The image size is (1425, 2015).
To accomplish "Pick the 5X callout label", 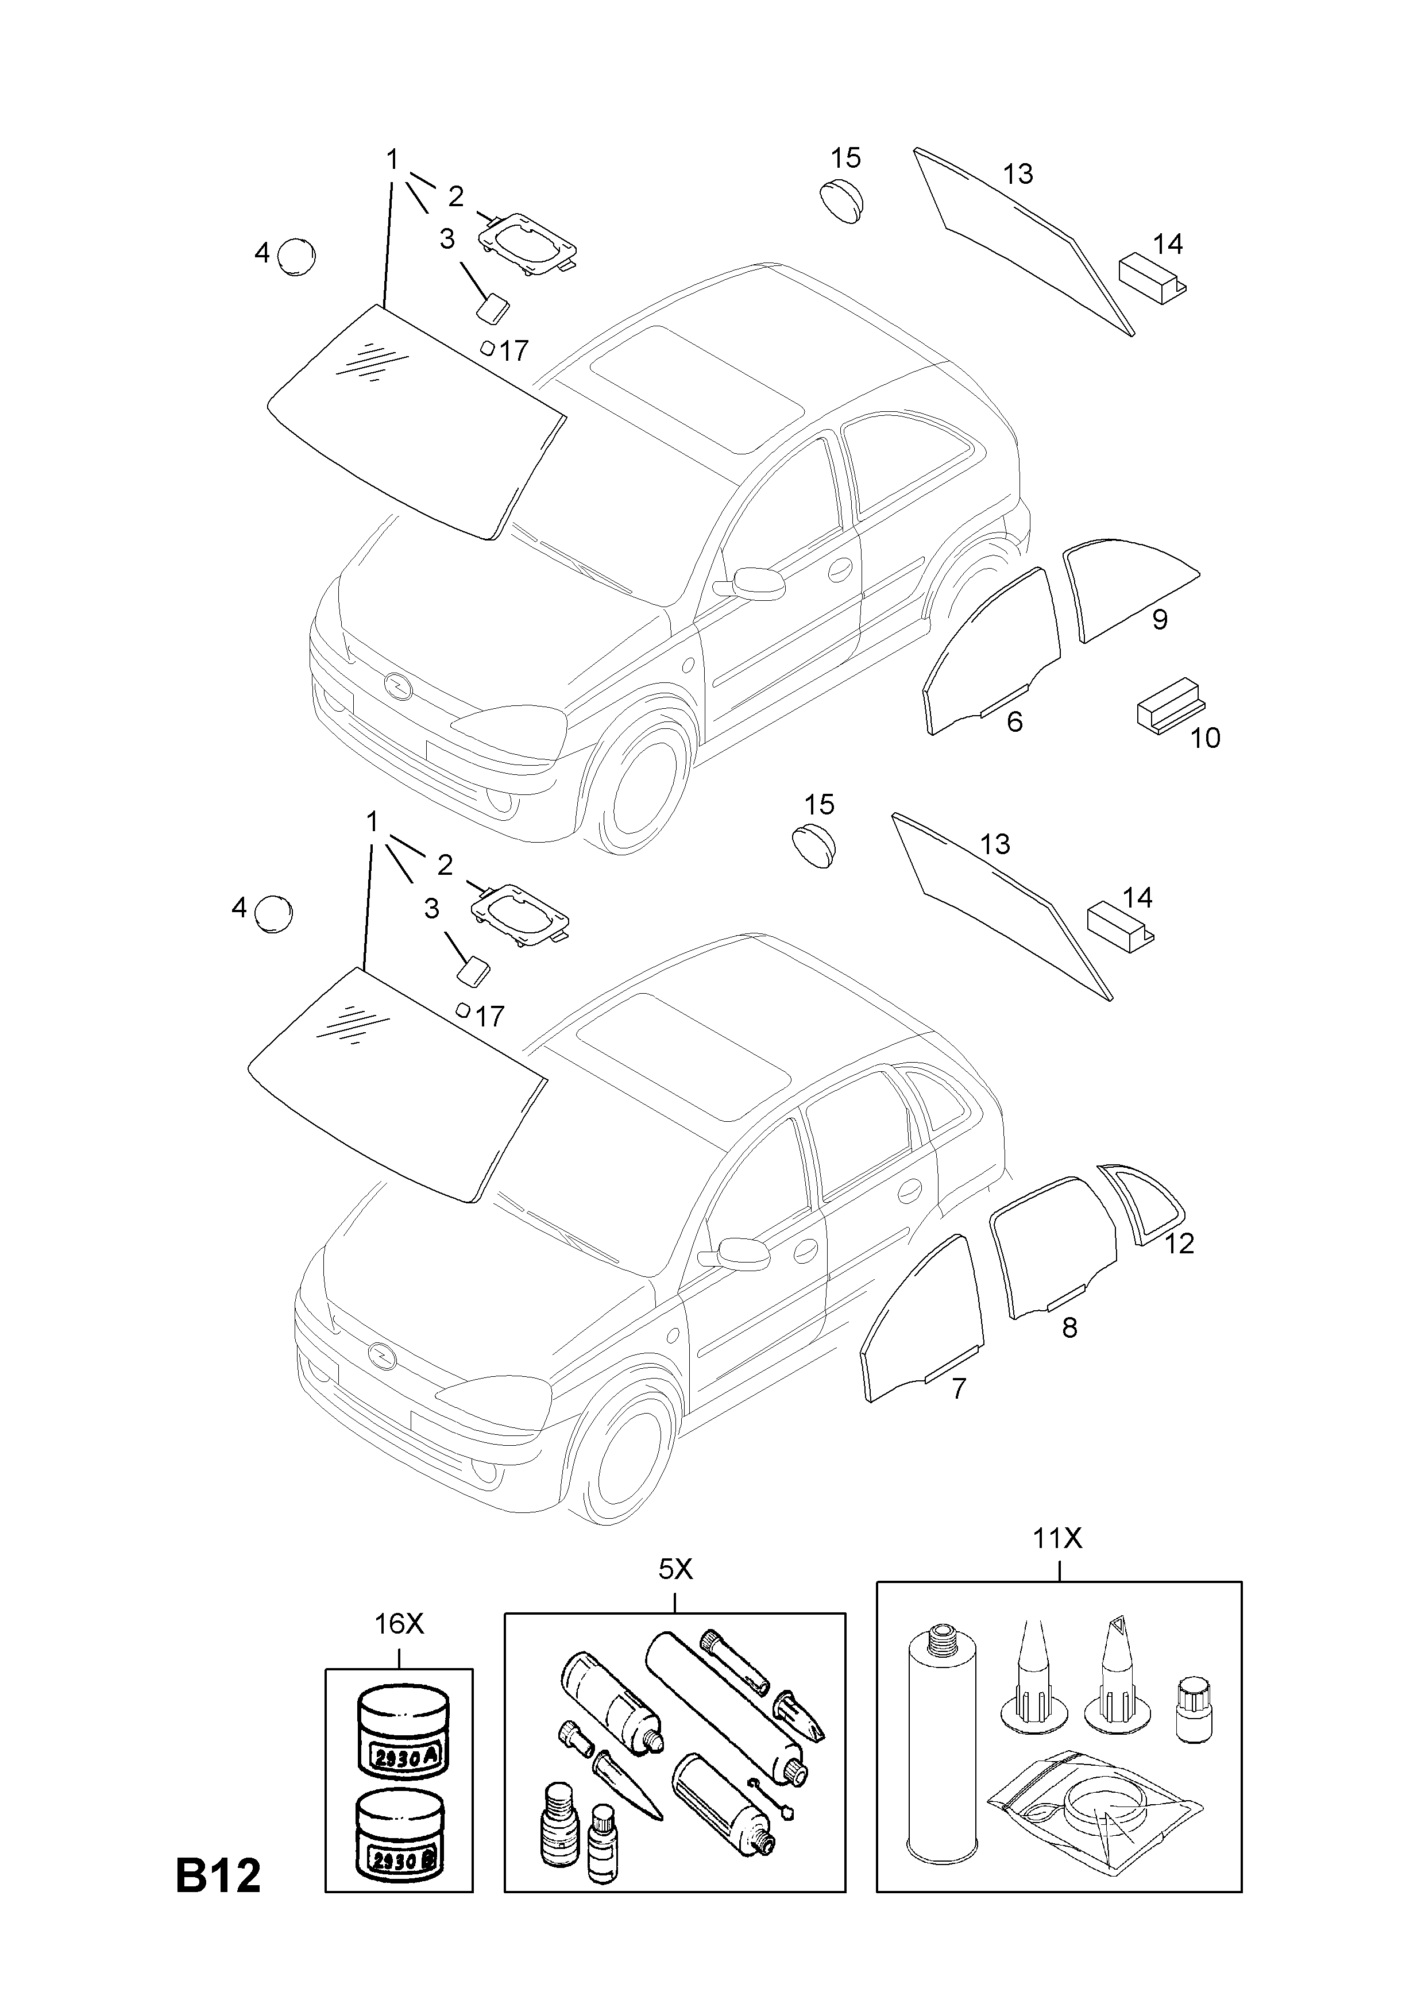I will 675,1569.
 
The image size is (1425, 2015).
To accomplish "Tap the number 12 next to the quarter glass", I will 1180,1244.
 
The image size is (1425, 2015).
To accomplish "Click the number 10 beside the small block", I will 1206,738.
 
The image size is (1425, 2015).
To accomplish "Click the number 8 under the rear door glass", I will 1069,1328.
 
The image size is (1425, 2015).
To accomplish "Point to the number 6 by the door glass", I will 1014,721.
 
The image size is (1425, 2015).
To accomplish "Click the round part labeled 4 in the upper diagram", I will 296,256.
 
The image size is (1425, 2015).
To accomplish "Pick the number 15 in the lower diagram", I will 820,804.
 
